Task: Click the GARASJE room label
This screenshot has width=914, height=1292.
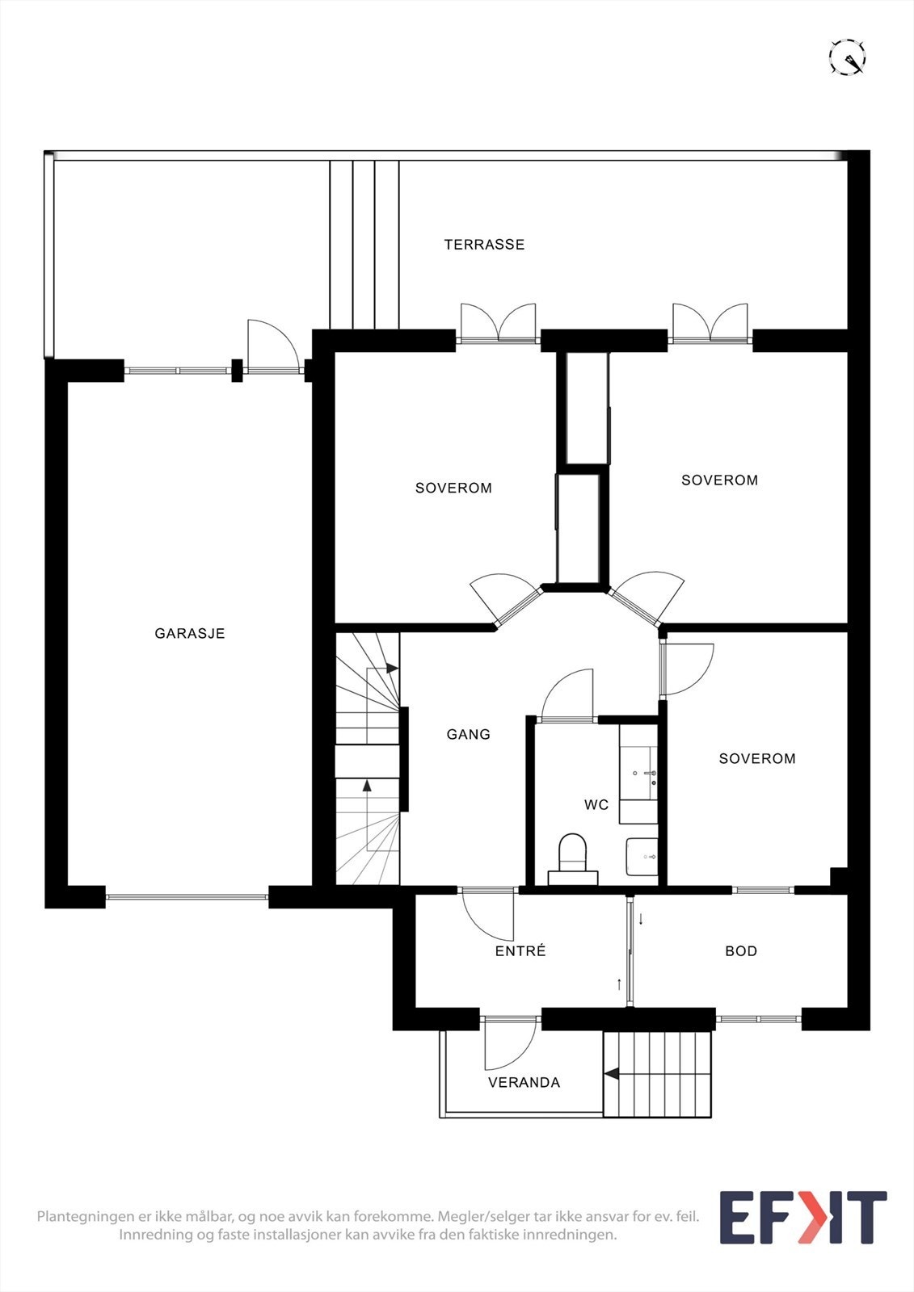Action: [x=189, y=633]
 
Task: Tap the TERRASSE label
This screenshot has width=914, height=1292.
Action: [x=484, y=245]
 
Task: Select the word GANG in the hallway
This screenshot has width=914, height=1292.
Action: [x=468, y=734]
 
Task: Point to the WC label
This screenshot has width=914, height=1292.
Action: [x=596, y=804]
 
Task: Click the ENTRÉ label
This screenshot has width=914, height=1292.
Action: [x=520, y=951]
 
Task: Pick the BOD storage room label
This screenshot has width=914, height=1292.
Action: [x=741, y=951]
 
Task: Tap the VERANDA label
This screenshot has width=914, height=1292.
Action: [x=524, y=1083]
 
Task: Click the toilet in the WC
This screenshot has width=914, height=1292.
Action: [x=573, y=859]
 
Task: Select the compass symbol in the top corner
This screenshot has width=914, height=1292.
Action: [x=848, y=57]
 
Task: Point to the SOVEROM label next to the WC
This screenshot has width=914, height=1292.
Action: [x=757, y=758]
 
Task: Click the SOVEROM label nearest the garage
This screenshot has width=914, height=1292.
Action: [x=454, y=488]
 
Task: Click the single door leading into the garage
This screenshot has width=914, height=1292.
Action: [x=274, y=346]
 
